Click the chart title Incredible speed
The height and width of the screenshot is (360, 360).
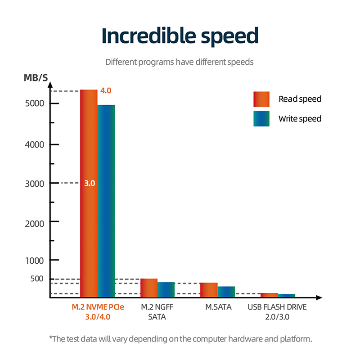point(180,36)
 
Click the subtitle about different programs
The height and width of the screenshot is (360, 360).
point(180,62)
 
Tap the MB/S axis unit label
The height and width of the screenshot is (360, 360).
point(36,78)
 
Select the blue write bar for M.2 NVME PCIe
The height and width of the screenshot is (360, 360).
point(106,202)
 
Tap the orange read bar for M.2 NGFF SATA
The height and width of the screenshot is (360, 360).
point(149,288)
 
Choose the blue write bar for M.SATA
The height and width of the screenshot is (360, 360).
point(226,292)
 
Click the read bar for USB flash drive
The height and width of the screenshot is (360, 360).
point(269,295)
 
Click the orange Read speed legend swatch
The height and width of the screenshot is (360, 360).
point(261,99)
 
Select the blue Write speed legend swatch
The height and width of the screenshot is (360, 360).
point(261,119)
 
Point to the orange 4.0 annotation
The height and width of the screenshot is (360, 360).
point(106,90)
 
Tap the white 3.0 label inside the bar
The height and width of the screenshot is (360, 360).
point(89,183)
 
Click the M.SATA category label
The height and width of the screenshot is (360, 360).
point(218,308)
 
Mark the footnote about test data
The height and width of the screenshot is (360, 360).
point(180,338)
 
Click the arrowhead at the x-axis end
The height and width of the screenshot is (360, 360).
point(319,297)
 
